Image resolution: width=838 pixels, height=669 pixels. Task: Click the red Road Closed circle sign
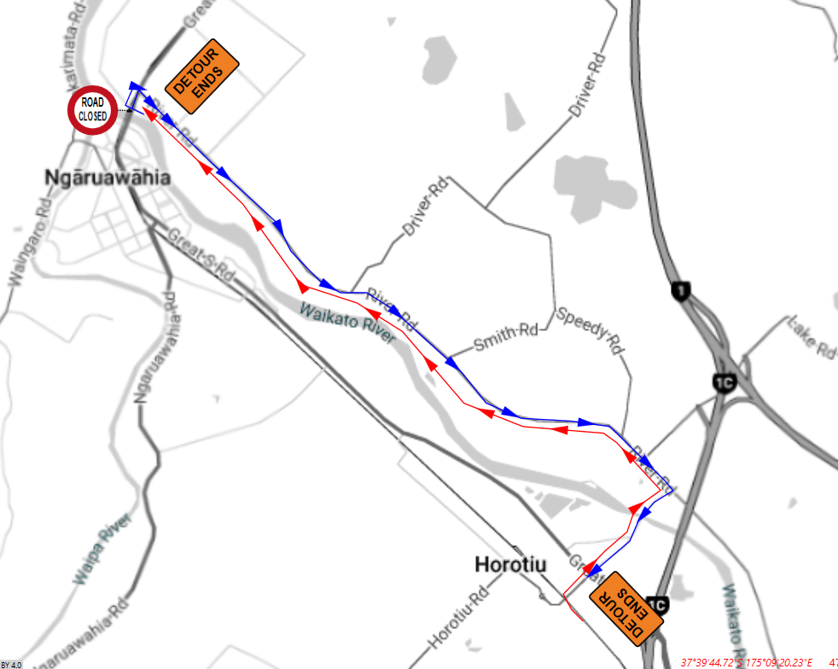pos(92,109)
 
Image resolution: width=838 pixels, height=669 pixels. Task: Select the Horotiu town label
pos(510,565)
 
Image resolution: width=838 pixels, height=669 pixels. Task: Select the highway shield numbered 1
pos(680,291)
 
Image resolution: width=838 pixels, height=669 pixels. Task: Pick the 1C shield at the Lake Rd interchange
pos(725,381)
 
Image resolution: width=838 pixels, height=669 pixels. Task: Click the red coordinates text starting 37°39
pos(747,661)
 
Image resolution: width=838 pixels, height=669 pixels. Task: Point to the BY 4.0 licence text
pos(11,664)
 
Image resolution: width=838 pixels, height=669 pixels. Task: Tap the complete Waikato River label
pos(347,323)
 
